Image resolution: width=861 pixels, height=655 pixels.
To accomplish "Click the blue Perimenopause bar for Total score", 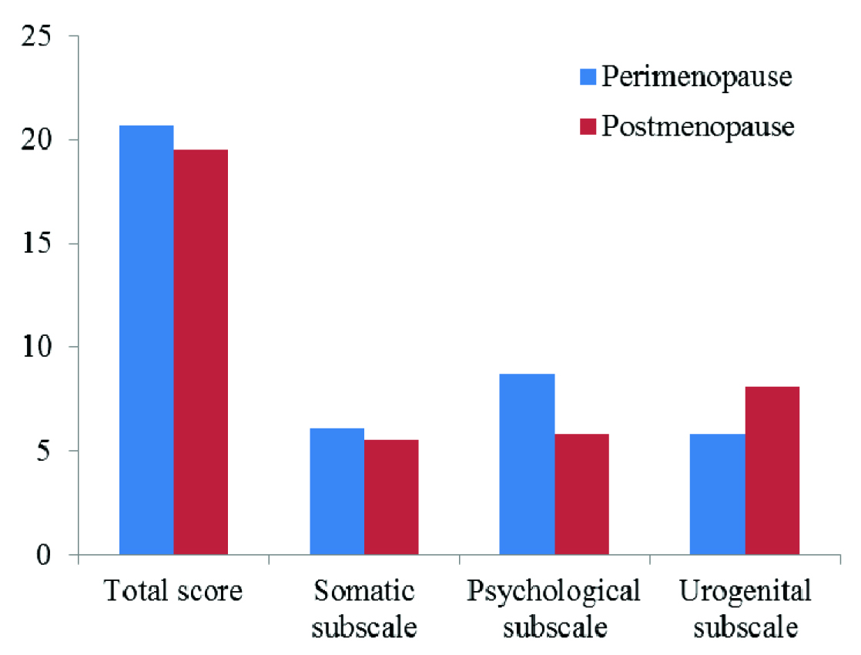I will (146, 339).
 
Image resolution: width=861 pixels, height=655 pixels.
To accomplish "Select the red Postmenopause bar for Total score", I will (200, 351).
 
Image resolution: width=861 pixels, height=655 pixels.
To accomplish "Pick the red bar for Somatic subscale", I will (391, 496).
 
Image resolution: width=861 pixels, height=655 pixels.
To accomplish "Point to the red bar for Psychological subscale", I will (581, 494).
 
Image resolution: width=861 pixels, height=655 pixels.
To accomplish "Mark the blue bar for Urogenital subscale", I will (717, 494).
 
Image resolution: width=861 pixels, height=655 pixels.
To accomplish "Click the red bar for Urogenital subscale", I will (772, 470).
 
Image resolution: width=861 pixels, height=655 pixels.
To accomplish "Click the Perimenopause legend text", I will (698, 77).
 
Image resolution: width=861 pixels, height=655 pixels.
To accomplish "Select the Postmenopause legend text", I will (698, 126).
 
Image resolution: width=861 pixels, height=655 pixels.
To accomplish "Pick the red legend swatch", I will (588, 126).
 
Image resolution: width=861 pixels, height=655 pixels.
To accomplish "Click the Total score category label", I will (173, 592).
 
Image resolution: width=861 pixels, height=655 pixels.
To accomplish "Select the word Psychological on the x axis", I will (554, 593).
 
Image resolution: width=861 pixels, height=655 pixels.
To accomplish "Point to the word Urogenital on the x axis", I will (745, 593).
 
